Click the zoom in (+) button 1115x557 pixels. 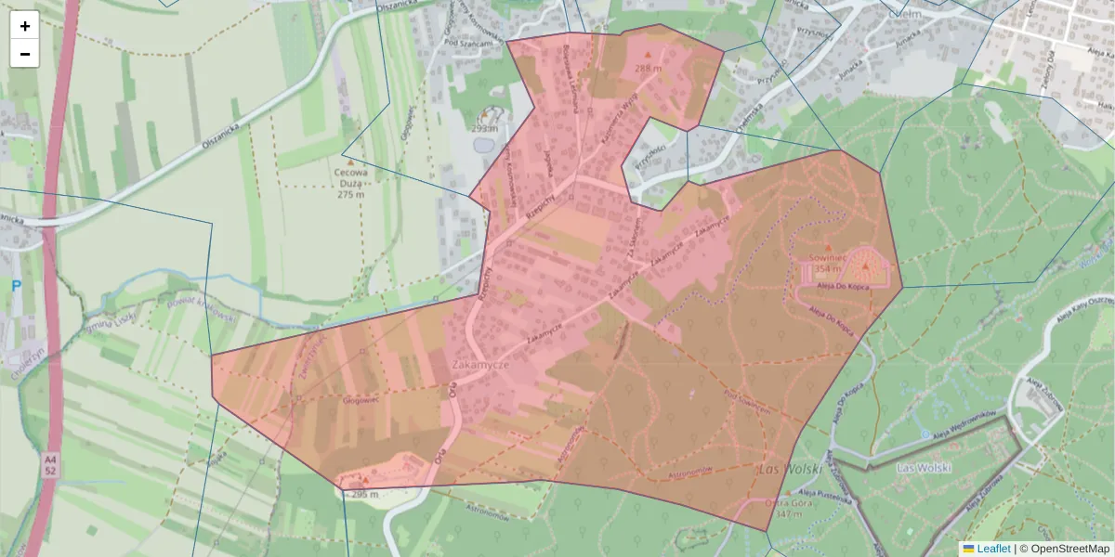pyautogui.click(x=25, y=26)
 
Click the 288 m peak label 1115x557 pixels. pyautogui.click(x=648, y=69)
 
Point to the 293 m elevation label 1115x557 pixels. pyautogui.click(x=484, y=129)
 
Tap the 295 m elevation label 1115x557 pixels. pyautogui.click(x=364, y=494)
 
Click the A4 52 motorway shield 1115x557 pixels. pyautogui.click(x=49, y=465)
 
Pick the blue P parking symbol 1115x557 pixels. pyautogui.click(x=16, y=286)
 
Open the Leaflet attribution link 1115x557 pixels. pyautogui.click(x=992, y=549)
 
